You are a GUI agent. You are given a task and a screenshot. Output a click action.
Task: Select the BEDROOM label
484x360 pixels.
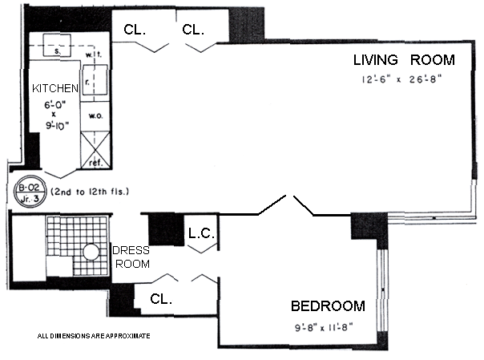pyautogui.click(x=328, y=305)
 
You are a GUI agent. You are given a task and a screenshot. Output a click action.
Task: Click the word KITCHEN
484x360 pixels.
pyautogui.click(x=54, y=88)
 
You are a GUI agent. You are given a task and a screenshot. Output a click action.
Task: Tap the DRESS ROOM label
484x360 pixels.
pyautogui.click(x=130, y=257)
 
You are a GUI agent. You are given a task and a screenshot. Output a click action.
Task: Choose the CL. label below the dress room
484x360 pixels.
pyautogui.click(x=162, y=299)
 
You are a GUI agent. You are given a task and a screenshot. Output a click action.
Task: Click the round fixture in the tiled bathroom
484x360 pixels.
pyautogui.click(x=91, y=252)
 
